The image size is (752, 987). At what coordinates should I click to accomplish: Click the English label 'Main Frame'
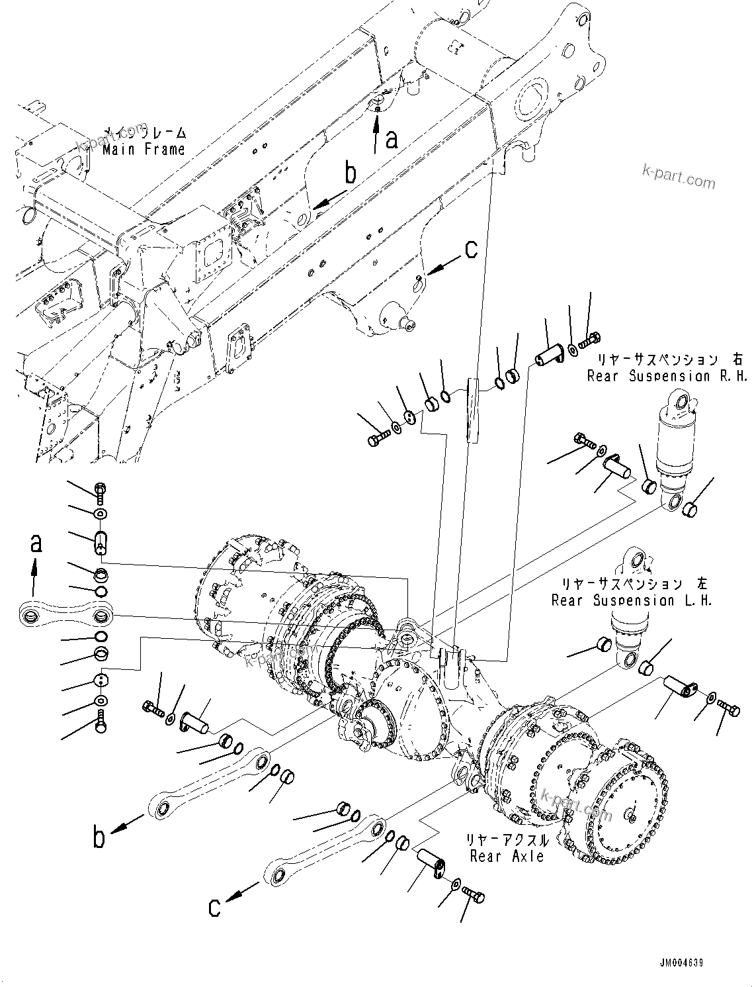point(144,150)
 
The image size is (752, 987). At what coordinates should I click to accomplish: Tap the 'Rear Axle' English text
point(507,856)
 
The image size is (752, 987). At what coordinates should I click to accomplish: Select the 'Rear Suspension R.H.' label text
point(667,376)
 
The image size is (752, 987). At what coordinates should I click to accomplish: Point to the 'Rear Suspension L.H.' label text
point(632,600)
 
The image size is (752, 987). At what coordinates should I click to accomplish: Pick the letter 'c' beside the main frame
point(470,250)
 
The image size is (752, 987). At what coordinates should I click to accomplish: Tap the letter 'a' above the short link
point(36,543)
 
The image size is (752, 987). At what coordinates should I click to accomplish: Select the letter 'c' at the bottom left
point(214,906)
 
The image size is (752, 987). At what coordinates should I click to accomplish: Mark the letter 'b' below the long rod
point(99,837)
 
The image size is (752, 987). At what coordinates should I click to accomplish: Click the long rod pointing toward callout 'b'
point(208,782)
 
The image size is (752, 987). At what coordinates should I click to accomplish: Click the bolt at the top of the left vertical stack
point(99,491)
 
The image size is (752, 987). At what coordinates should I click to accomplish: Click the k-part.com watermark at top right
point(679,177)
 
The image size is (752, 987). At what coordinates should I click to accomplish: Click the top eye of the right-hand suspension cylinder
point(681,400)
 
